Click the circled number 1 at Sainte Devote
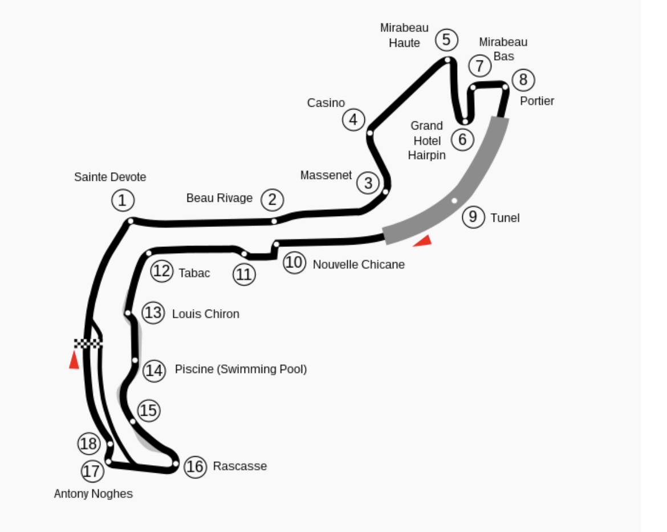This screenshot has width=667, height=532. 122,200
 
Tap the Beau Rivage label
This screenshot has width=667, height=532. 219,198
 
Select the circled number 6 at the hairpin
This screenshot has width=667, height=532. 462,139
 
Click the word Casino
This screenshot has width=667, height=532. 326,103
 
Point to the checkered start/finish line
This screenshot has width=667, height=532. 88,343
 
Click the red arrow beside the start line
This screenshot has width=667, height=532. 74,360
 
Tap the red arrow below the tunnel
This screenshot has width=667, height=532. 423,241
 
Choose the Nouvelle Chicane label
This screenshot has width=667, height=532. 359,265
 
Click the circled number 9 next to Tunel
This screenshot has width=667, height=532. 473,217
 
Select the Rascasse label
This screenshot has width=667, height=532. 239,466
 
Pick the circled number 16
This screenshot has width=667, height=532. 195,467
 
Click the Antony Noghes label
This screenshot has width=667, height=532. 93,494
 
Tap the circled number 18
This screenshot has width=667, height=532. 88,444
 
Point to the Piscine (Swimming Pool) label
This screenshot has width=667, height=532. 241,369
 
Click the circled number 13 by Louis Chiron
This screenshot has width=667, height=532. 153,313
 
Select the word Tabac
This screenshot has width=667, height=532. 194,273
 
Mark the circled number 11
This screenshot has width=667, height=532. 244,274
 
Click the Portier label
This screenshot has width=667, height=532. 537,101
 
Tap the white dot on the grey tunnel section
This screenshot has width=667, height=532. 454,200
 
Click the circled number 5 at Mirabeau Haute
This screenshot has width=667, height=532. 446,40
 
